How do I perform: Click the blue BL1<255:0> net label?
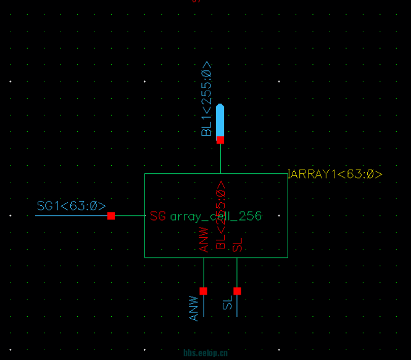point(207,98)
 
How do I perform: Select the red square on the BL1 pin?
point(220,140)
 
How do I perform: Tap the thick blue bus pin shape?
point(220,120)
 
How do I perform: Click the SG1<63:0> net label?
point(71,206)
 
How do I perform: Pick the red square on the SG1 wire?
point(111,216)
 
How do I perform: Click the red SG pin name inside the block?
point(157,216)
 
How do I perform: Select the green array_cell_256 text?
point(216,216)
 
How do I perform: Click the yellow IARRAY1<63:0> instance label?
point(335,174)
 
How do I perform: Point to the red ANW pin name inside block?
point(204,239)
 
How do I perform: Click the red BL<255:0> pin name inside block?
point(220,215)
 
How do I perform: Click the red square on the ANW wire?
point(203,291)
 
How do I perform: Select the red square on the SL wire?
point(237,291)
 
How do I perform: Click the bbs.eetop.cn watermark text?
point(205,353)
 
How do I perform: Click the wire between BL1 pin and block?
point(220,158)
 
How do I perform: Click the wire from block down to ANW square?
point(203,272)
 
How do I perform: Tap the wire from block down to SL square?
point(237,272)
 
